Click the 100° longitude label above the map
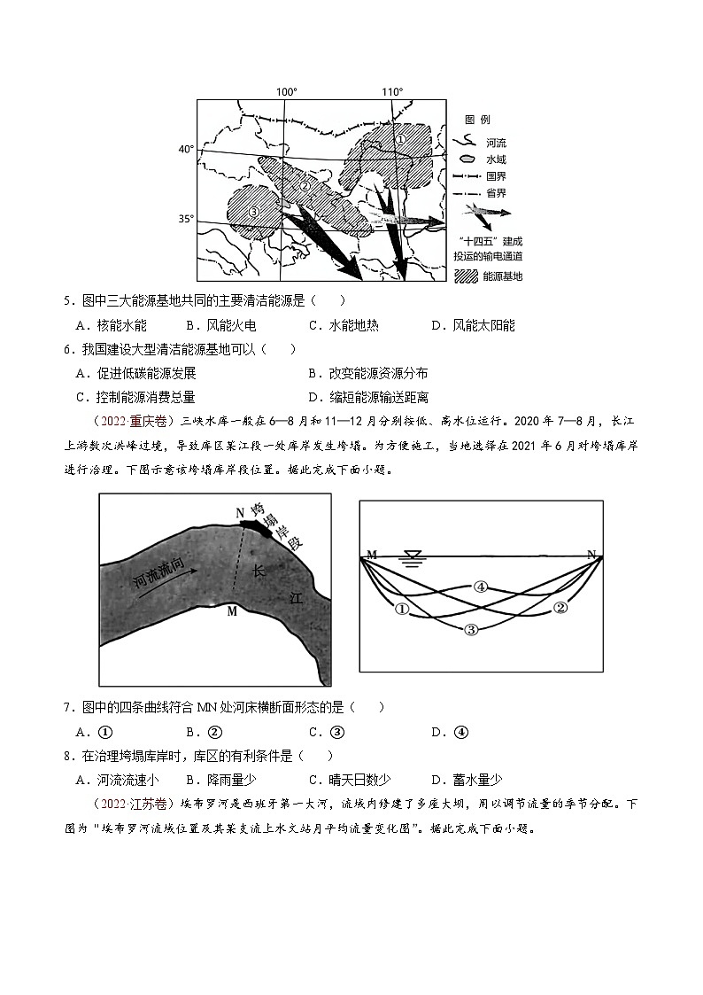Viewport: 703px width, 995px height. (x=286, y=91)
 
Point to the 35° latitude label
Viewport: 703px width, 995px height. (x=185, y=218)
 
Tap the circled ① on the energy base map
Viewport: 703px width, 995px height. (x=400, y=139)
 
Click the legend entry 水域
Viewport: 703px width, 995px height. (x=496, y=159)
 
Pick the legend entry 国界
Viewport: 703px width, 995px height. (x=496, y=176)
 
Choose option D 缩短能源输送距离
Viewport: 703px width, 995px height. (x=367, y=397)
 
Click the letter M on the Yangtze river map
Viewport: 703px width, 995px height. (x=231, y=610)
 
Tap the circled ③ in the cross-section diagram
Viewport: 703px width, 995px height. (x=471, y=629)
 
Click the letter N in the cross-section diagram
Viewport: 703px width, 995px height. (x=591, y=555)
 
